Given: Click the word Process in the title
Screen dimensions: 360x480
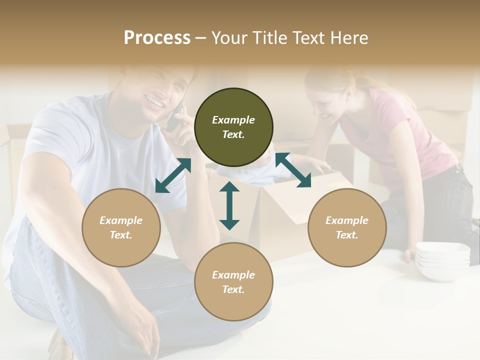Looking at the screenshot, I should [x=157, y=38].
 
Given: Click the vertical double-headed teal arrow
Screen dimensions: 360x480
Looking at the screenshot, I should [x=229, y=205].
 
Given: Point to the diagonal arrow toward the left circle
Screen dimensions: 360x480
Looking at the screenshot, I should [x=173, y=175].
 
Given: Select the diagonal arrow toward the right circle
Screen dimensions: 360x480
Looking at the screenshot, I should [x=293, y=170].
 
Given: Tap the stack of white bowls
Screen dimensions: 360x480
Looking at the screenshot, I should [x=442, y=260].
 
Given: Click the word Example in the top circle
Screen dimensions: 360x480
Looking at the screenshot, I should [x=233, y=120].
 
